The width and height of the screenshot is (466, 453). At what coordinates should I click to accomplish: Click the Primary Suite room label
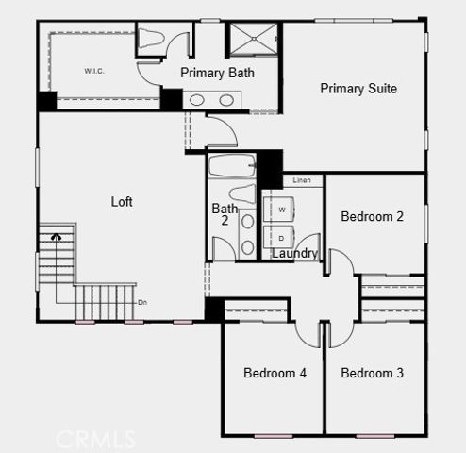pos(358,89)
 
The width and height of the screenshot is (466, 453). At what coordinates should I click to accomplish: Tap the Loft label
pos(123,201)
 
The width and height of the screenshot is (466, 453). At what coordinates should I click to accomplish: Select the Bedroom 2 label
pos(372,217)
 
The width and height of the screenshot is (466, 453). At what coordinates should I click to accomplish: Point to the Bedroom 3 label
pos(372,374)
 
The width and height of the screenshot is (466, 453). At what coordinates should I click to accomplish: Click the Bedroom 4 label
pos(275,374)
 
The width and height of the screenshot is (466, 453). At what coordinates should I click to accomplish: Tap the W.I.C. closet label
pos(93,71)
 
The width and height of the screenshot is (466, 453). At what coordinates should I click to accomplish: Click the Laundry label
pos(295,254)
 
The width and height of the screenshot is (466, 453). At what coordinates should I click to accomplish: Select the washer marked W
pos(281,209)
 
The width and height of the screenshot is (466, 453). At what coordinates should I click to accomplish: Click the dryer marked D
pos(281,237)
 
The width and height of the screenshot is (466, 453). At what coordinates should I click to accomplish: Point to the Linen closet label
pos(302,180)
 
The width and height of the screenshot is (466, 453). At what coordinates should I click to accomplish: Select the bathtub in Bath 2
pos(232,168)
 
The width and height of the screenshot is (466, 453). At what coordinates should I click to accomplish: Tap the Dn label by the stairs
pos(142,302)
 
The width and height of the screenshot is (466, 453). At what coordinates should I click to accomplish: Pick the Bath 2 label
pos(225,214)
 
